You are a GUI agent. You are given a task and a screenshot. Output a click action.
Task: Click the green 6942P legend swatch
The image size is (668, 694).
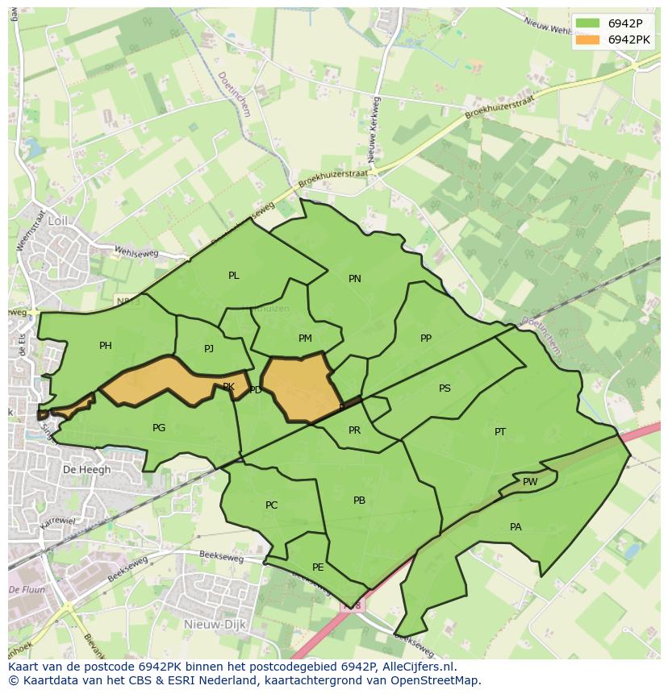(587, 23)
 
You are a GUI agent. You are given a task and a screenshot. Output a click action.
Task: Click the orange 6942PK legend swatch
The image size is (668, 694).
(587, 39)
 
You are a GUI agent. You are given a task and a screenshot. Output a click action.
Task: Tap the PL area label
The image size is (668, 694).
(234, 276)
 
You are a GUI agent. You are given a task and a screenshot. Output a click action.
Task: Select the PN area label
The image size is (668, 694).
(355, 279)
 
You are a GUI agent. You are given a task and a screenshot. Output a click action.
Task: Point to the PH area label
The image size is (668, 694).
(106, 346)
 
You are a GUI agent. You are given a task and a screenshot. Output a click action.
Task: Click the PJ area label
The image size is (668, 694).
(209, 349)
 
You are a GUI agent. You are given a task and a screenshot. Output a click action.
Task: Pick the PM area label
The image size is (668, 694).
(305, 339)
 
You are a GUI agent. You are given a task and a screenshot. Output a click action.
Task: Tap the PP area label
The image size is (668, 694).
(426, 339)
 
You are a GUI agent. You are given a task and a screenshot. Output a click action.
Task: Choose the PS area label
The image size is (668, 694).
(445, 389)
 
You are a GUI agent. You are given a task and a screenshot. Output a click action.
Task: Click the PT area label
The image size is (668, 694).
(500, 432)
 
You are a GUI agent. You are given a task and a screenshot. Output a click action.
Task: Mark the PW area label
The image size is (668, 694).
(530, 482)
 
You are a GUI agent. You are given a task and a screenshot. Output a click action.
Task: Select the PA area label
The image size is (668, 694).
(516, 527)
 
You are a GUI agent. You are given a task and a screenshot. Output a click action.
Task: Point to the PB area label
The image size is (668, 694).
(360, 501)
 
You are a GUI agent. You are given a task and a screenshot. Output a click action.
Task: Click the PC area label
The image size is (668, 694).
(272, 505)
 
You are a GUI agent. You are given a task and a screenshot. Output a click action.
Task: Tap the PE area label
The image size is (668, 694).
(318, 567)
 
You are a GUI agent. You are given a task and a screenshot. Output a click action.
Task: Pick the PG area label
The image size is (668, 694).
(159, 428)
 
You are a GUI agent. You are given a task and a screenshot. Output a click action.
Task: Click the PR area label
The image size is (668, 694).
(354, 430)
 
